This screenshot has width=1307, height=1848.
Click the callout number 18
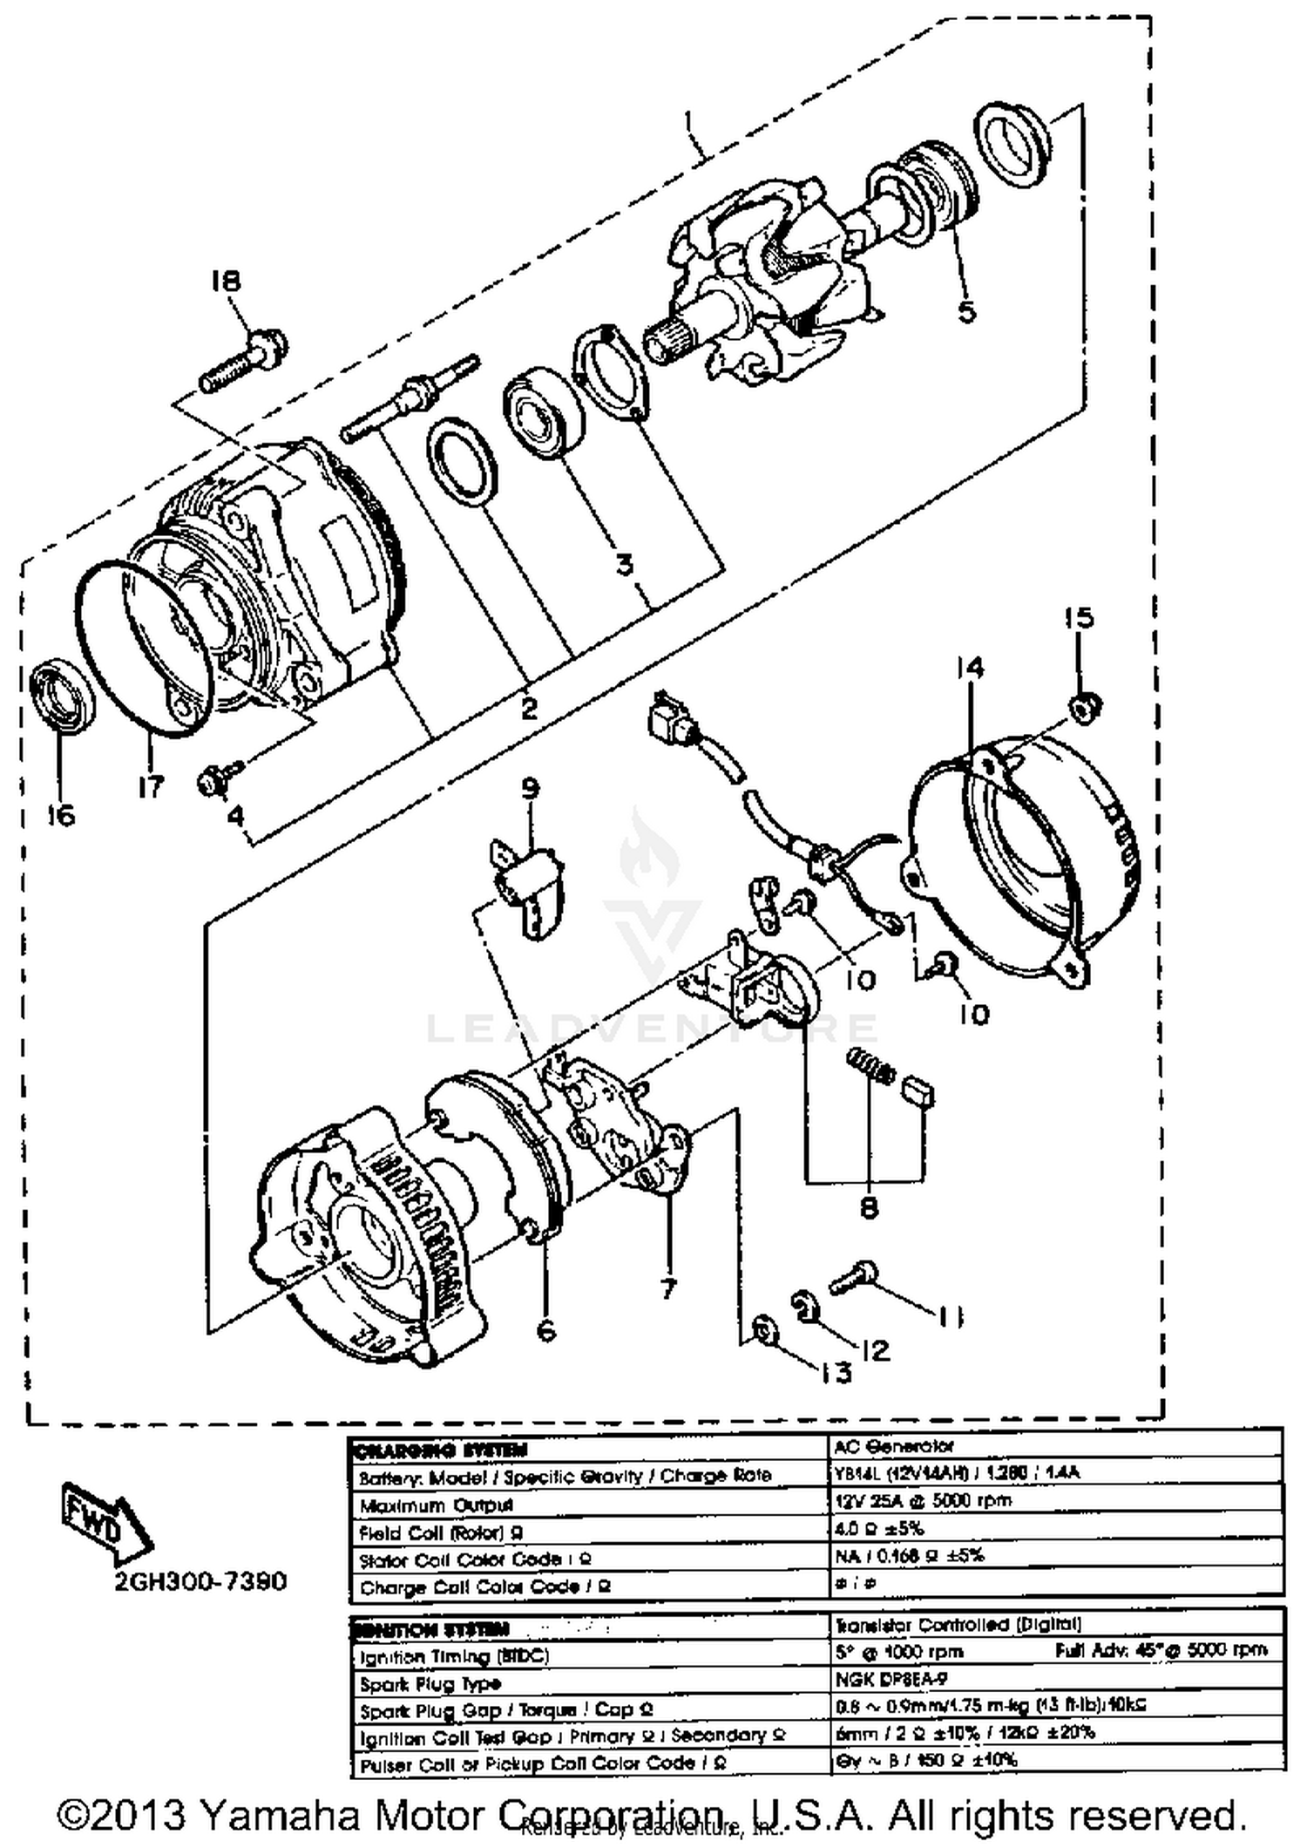[x=225, y=281]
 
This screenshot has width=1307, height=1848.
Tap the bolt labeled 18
[x=244, y=359]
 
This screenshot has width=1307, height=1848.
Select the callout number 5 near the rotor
[x=967, y=311]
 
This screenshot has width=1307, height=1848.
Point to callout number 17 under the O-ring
[x=150, y=786]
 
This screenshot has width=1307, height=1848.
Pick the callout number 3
[x=624, y=565]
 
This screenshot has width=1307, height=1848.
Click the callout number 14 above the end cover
[x=969, y=668]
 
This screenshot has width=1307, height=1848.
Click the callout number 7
[x=667, y=1288]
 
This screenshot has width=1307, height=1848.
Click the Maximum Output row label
[x=437, y=1505]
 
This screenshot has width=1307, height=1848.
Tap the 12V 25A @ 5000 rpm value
[x=923, y=1500]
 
